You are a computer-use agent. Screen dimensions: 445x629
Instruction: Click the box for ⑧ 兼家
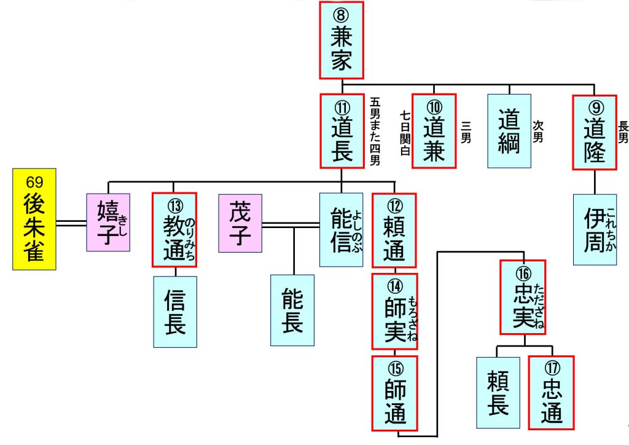341,40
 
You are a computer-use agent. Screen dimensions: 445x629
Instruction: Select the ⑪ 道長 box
342,131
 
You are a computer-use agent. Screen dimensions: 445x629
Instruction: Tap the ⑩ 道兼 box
434,131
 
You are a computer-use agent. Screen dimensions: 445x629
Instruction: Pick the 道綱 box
509,131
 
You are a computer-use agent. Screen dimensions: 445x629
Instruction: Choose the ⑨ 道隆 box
594,131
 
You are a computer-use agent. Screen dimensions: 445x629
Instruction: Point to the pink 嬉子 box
108,222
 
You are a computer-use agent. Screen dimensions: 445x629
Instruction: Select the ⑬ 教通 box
174,229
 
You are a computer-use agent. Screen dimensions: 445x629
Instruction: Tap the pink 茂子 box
240,223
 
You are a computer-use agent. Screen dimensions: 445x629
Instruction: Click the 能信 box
341,229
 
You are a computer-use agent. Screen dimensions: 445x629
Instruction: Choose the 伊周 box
595,229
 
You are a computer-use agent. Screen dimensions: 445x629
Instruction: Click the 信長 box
174,311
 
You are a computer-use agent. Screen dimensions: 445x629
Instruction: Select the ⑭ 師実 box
394,311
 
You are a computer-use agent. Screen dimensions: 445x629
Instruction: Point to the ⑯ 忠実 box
523,297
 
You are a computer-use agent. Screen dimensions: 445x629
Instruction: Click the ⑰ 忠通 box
551,392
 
